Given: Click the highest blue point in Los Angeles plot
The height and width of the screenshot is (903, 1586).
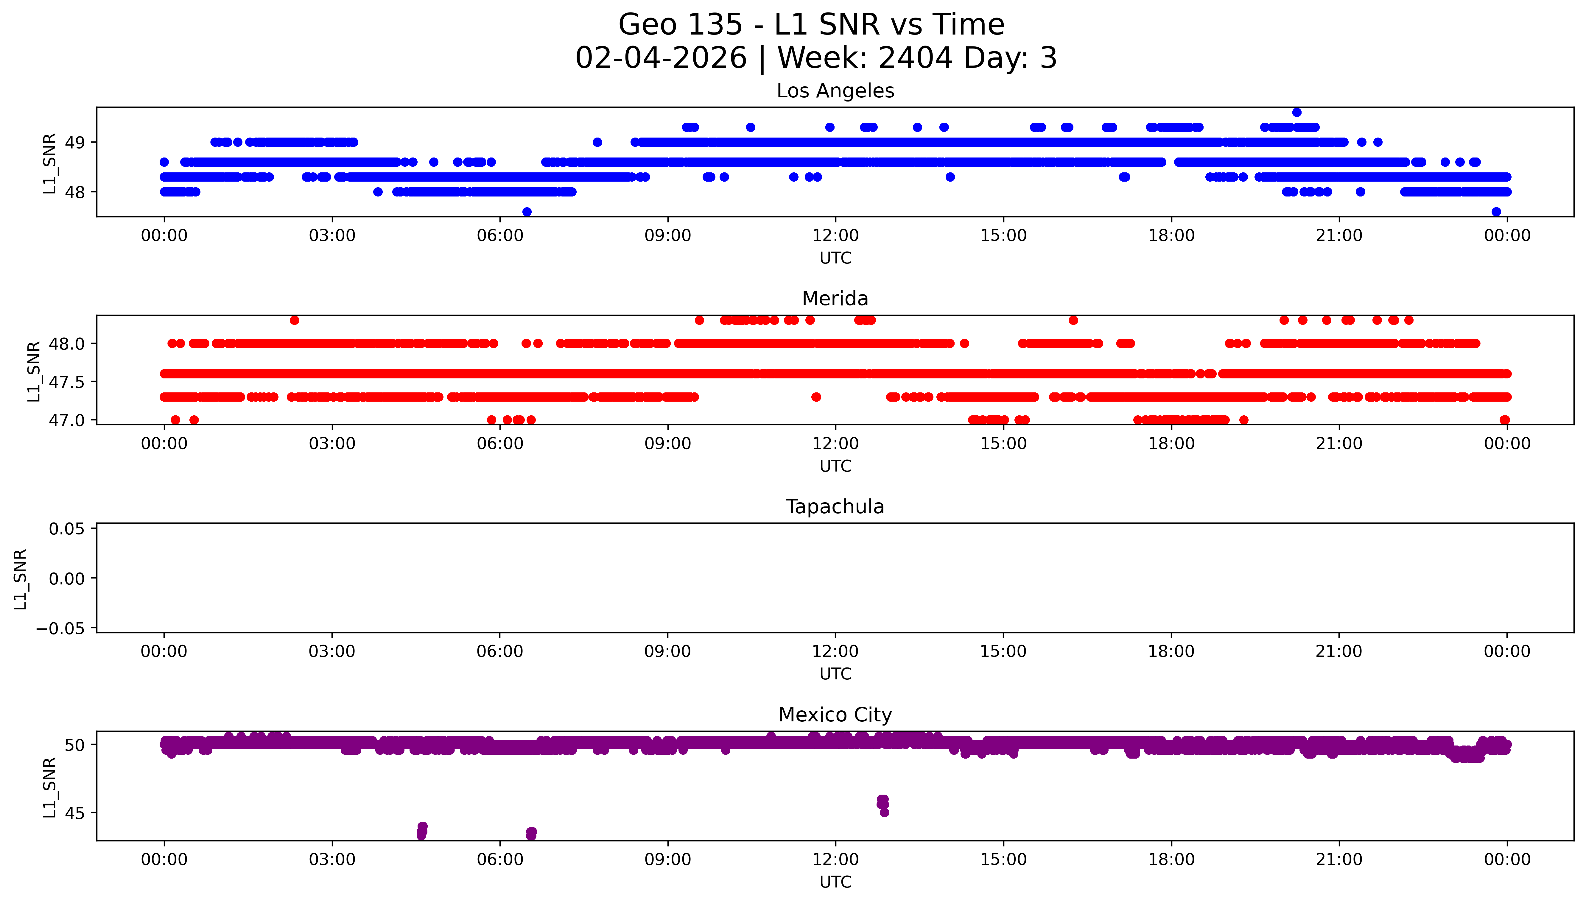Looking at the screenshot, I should (x=1296, y=112).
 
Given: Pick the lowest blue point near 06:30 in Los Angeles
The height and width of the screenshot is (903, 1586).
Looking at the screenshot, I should (x=527, y=211).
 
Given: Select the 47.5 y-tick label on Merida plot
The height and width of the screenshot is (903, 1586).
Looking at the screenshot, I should (x=66, y=382).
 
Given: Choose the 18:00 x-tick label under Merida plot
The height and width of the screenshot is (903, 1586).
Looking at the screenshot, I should (x=1171, y=443).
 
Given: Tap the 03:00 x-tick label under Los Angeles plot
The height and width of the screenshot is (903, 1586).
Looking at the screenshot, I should (x=332, y=236).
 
